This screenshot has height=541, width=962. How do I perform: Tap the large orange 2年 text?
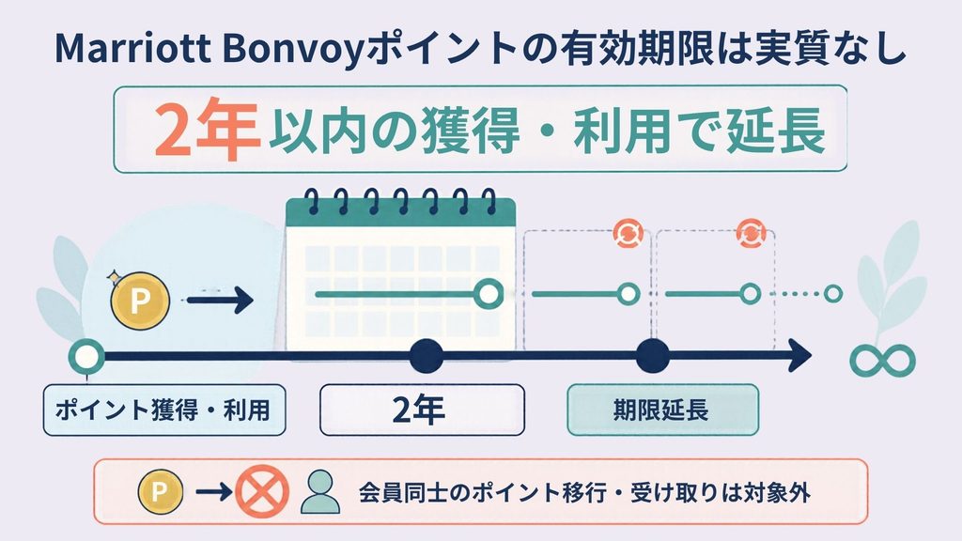[x=206, y=130]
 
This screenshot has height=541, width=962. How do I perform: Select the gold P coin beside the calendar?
[x=141, y=300]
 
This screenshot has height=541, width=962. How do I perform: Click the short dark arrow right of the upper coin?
[x=220, y=301]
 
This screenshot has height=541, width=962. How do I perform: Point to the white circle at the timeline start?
[x=86, y=356]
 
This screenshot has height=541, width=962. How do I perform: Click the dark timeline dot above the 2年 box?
[x=427, y=356]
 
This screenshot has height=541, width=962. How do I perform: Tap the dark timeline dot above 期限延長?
[x=653, y=356]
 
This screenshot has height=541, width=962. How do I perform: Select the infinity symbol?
[x=882, y=361]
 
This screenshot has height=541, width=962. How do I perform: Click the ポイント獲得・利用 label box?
[x=164, y=410]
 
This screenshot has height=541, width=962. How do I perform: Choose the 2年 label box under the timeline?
[x=422, y=410]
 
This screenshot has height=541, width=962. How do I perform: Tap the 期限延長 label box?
[x=662, y=410]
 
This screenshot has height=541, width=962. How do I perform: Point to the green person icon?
[x=320, y=492]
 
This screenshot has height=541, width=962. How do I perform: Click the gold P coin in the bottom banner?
[x=160, y=492]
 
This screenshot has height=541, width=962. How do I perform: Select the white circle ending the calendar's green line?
[x=489, y=294]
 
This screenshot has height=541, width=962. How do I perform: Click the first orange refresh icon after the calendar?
[x=628, y=233]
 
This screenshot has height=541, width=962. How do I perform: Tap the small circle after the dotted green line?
[x=832, y=294]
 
